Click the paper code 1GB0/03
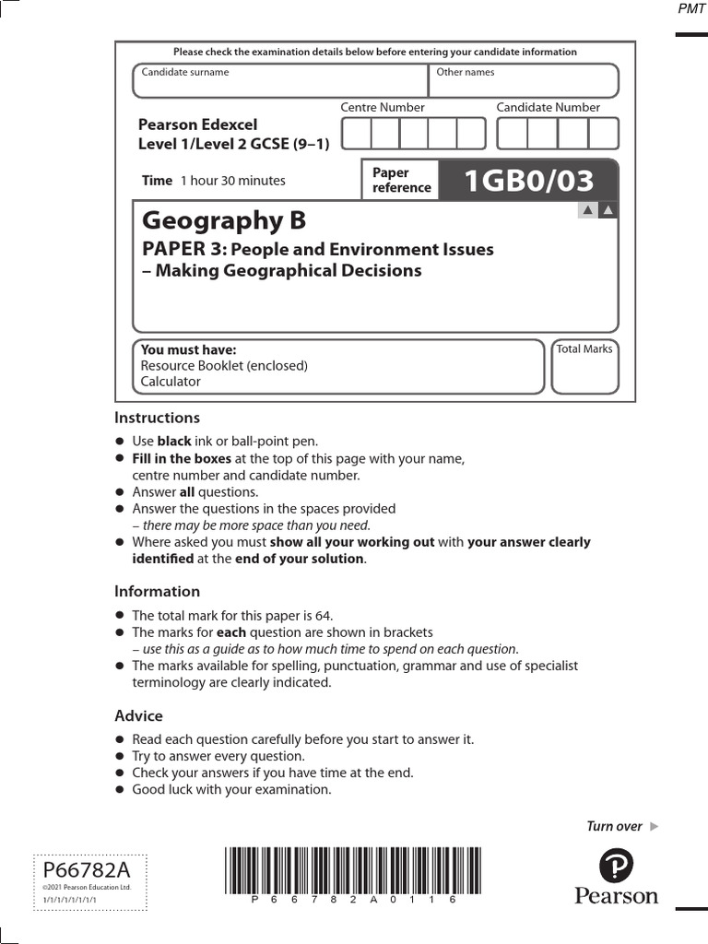pos(529,182)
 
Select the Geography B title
pos(223,221)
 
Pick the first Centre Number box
pos(356,134)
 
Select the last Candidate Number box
pos(604,134)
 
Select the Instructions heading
pos(157,418)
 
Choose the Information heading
pos(157,591)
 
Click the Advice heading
pos(138,715)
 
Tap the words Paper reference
pos(401,180)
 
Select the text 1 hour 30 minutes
pos(232,181)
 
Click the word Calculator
pos(171,382)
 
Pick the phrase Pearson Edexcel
pos(197,124)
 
